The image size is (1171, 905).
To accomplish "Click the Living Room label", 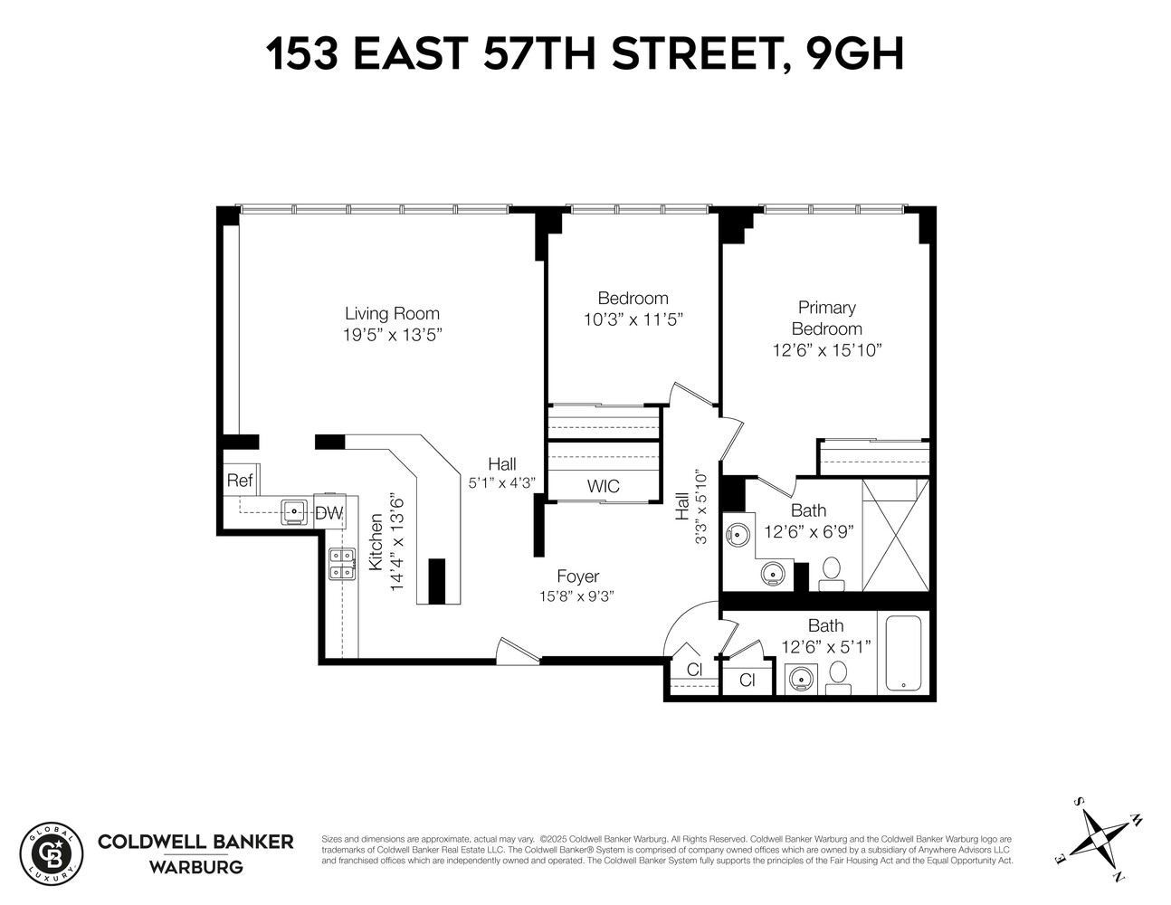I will tap(392, 314).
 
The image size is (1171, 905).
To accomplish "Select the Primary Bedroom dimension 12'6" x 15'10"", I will tap(826, 350).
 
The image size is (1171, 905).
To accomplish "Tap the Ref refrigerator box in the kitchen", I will tap(240, 481).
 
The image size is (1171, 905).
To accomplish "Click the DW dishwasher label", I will tap(329, 513).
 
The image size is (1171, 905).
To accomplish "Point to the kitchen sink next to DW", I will tap(294, 511).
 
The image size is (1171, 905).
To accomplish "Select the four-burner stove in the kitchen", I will tap(341, 564).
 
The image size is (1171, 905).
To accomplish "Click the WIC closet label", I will tap(603, 486).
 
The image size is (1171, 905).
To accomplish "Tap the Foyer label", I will tap(577, 576).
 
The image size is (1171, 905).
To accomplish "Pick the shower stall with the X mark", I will tap(895, 534).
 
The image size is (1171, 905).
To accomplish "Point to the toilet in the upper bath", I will tap(830, 571).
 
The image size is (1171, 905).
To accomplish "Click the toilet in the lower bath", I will tap(838, 674).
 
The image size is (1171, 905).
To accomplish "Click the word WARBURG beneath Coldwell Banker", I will tap(195, 867).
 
